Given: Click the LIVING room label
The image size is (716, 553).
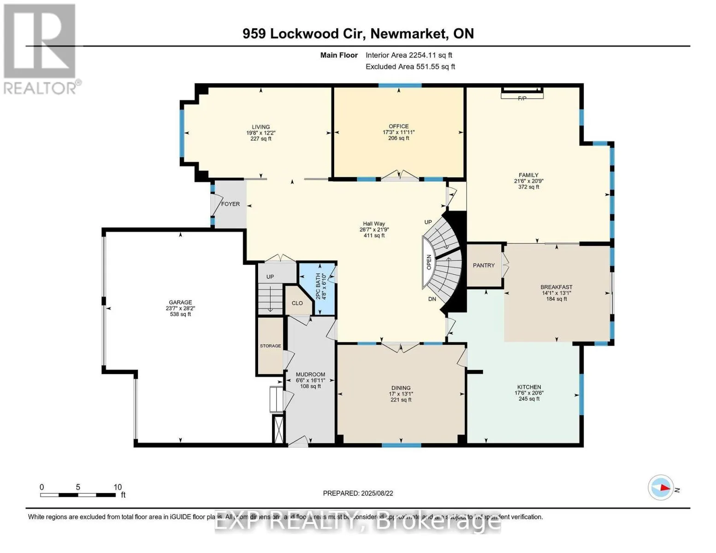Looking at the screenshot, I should [260, 127].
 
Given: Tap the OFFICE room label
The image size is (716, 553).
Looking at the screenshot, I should [398, 126].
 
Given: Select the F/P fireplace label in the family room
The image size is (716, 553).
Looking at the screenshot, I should [522, 98].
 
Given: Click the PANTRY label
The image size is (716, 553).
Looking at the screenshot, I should [484, 265].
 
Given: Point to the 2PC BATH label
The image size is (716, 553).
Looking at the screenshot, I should [318, 286].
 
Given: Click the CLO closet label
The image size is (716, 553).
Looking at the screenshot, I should [297, 303].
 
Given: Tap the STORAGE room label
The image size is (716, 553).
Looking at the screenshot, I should [270, 346].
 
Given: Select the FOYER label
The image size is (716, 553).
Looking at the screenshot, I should [230, 204].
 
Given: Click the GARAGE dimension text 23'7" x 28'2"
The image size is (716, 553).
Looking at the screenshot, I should [180, 308].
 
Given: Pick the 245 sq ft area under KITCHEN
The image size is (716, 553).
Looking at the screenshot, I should [529, 399].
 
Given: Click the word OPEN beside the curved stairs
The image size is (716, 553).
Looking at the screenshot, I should [429, 262].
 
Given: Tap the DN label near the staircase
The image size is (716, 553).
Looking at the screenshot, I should [432, 299].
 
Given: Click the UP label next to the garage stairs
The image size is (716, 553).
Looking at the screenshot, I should [270, 276].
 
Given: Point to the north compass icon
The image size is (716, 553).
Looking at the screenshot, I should [661, 487].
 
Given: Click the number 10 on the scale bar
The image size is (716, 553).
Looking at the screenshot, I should [118, 487].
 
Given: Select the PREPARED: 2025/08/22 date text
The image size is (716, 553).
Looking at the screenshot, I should [358, 493].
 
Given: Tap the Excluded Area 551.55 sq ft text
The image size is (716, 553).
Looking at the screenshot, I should [410, 66].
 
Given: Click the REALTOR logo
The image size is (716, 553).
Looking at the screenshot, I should [41, 48].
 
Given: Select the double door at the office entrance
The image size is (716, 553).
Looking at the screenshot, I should [399, 176].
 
